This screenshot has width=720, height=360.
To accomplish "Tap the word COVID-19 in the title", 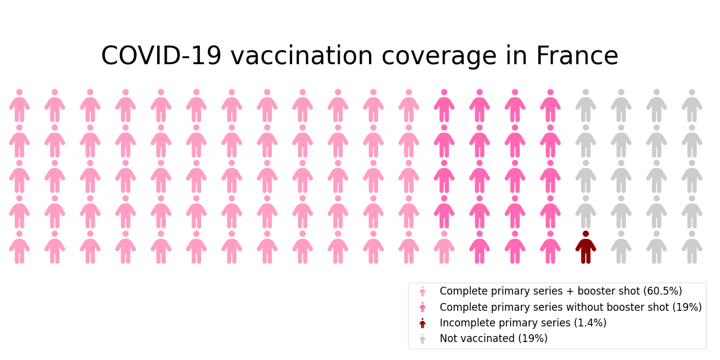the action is click(161, 56).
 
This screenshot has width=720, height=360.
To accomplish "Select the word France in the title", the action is click(577, 56).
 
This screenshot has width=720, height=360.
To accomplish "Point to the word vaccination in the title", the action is click(302, 56).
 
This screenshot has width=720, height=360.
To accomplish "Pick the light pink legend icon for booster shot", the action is click(422, 291).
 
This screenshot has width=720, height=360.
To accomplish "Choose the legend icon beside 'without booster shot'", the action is click(422, 307).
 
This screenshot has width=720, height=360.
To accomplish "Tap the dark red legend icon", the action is click(422, 323).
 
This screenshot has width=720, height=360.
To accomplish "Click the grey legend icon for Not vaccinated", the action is click(422, 339).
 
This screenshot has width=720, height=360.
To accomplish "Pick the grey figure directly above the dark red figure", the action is click(586, 212).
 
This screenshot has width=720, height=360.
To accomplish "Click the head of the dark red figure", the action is click(586, 234).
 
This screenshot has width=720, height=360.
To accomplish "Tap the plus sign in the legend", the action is click(570, 291).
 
